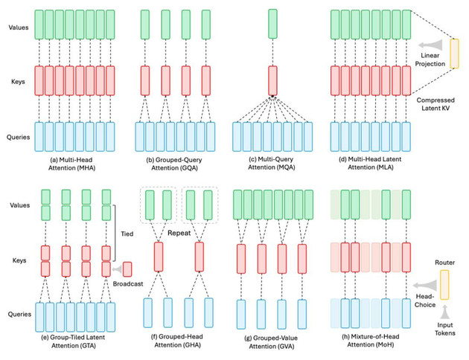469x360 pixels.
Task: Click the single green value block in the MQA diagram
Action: tap(272, 24)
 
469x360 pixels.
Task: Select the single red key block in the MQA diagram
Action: tap(272, 80)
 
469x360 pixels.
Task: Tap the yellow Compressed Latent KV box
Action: tap(454, 54)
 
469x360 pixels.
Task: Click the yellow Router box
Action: tap(444, 285)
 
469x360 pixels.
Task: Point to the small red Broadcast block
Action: tap(127, 269)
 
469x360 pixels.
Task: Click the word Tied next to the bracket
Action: tap(127, 234)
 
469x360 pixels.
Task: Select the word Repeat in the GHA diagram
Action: tap(179, 233)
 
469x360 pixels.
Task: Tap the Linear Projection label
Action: tap(430, 60)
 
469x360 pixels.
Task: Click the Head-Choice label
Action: tap(425, 300)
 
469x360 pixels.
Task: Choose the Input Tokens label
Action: tap(444, 329)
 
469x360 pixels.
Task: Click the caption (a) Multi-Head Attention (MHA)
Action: tap(71, 164)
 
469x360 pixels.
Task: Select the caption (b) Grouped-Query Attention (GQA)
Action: tap(174, 164)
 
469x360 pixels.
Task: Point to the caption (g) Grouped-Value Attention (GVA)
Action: tap(271, 342)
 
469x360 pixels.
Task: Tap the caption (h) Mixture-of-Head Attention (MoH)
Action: tap(370, 341)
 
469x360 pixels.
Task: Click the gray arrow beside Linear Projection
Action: tap(430, 45)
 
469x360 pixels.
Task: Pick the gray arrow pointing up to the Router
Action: tap(444, 312)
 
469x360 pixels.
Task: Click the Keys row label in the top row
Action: tap(18, 82)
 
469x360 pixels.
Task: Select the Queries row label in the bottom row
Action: tap(19, 314)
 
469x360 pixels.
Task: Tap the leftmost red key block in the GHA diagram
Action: tap(159, 257)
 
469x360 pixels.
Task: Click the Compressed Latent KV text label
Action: tap(435, 104)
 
